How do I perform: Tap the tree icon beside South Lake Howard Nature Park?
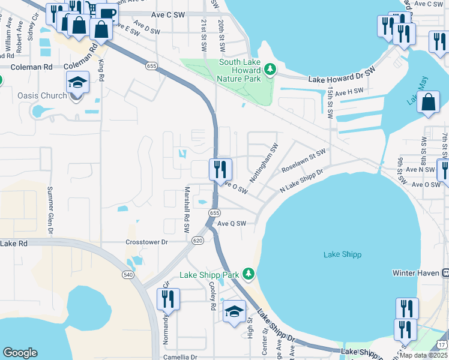(270, 70)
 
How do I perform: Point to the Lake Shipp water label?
(342, 254)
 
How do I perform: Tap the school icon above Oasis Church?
(77, 82)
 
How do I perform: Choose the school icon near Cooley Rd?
(234, 311)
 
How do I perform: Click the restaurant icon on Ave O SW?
(220, 169)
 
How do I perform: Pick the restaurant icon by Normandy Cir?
(169, 299)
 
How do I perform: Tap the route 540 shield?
(127, 274)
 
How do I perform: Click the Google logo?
(20, 353)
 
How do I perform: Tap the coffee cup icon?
(107, 13)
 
